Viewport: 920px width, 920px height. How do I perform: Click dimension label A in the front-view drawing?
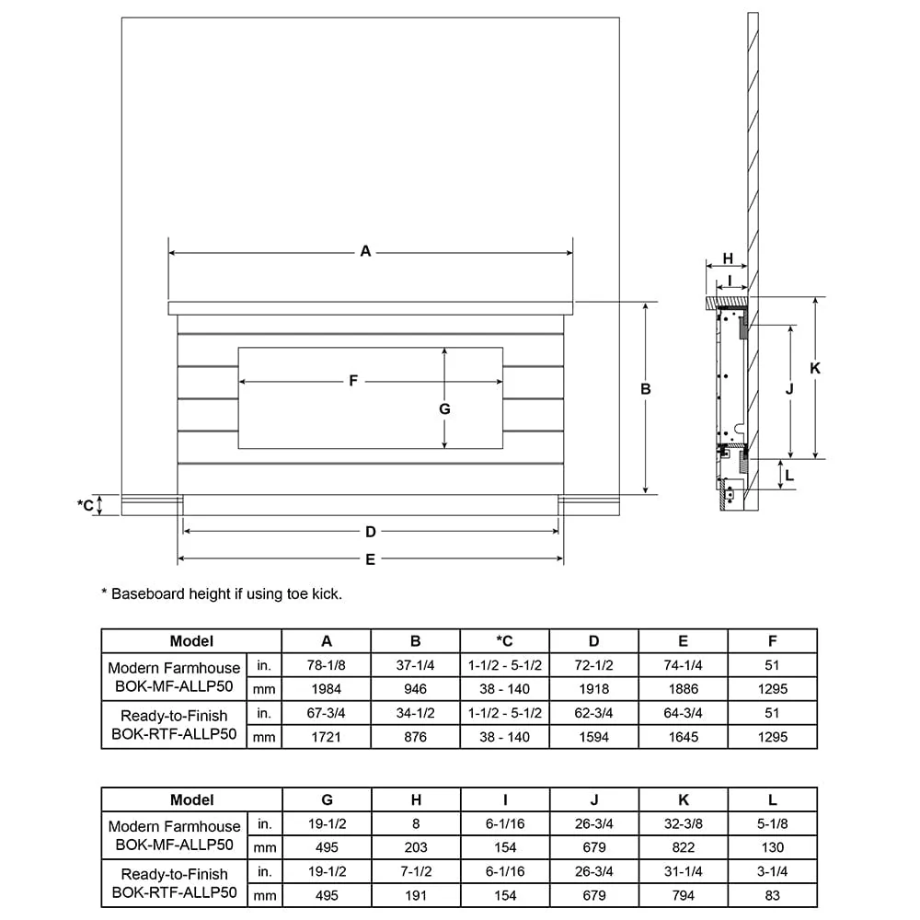[x=365, y=251]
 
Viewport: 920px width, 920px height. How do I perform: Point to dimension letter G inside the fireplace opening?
[x=444, y=408]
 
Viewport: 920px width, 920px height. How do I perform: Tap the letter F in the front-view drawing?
[x=353, y=381]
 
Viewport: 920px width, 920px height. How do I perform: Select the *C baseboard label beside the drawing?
[x=85, y=504]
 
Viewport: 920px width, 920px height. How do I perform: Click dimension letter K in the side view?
[x=815, y=368]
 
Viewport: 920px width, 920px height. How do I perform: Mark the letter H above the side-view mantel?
[x=728, y=259]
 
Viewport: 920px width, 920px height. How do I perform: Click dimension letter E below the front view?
[x=370, y=559]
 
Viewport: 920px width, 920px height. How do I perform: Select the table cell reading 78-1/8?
[x=327, y=665]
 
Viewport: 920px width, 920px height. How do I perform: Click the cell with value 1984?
[x=327, y=689]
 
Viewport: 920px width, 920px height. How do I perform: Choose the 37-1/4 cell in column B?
[x=416, y=665]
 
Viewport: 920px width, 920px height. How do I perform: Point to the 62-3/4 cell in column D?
[x=593, y=713]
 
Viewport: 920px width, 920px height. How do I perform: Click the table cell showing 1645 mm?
[x=683, y=737]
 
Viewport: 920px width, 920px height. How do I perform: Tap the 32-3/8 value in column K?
[x=683, y=823]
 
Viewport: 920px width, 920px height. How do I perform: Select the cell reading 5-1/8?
[x=772, y=823]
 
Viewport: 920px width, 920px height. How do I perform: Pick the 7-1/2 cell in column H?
[x=416, y=871]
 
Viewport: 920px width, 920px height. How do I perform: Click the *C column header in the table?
[x=504, y=641]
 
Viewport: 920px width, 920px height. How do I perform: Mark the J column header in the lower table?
[x=593, y=799]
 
